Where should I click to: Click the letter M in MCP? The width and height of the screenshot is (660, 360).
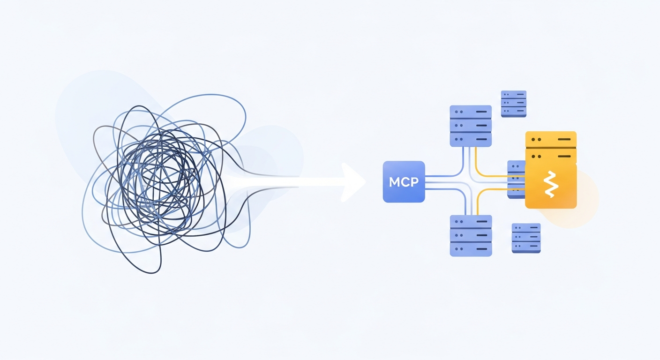(x=395, y=182)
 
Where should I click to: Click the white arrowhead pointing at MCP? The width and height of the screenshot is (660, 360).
(x=353, y=182)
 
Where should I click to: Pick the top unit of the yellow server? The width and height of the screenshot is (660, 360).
(x=551, y=139)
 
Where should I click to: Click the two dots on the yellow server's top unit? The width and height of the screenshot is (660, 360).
(x=537, y=139)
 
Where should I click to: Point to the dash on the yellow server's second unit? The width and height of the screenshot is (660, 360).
(x=564, y=156)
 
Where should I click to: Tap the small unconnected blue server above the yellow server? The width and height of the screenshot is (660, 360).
(x=514, y=104)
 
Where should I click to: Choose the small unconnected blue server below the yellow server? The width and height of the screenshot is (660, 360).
(x=526, y=238)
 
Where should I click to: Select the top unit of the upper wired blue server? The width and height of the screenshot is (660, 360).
(x=471, y=112)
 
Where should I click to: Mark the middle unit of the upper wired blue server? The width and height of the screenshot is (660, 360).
(x=471, y=126)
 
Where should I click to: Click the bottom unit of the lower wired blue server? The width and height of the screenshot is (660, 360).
(x=471, y=249)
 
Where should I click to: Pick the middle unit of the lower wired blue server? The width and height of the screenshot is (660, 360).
(x=471, y=235)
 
